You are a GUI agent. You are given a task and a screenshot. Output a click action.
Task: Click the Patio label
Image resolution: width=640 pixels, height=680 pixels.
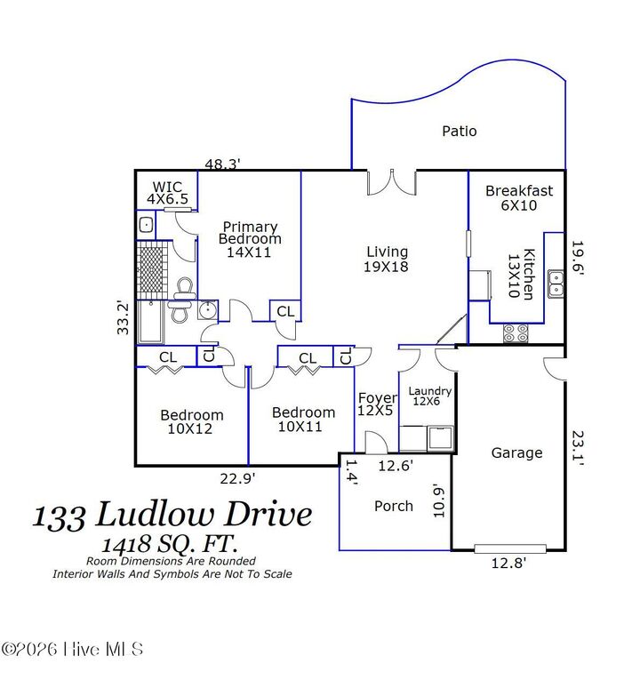pos(460,132)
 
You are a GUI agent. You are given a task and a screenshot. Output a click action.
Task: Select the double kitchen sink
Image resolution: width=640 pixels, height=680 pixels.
pos(556,283)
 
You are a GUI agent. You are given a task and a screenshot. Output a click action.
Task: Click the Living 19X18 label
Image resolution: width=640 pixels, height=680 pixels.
pos(386,259)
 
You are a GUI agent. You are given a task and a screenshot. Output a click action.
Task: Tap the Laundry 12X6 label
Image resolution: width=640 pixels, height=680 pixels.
pos(430,396)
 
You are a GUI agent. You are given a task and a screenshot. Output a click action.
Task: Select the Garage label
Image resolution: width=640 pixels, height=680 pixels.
pos(516,452)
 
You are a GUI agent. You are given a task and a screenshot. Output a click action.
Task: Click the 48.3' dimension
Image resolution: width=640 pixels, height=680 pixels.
pos(223,164)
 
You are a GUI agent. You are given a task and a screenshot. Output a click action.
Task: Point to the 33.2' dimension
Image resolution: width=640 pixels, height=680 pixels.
pos(124,317)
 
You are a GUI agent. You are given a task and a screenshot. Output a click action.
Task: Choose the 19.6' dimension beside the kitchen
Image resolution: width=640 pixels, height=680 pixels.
pos(577,259)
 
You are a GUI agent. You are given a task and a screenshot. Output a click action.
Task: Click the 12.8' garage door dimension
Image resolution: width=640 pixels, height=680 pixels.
pos(509,561)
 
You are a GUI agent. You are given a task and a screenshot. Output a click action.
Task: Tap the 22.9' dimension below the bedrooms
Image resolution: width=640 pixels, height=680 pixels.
pos(237,478)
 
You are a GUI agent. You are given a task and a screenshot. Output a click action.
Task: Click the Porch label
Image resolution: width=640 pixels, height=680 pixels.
pos(393,506)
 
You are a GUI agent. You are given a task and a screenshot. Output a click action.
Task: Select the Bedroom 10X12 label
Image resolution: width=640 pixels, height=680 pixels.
pos(192,421)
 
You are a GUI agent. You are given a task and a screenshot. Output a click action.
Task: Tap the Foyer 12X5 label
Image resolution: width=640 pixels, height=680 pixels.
pos(377,404)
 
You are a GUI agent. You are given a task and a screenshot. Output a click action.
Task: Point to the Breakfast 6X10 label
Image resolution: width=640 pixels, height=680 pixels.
pos(519,197)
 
